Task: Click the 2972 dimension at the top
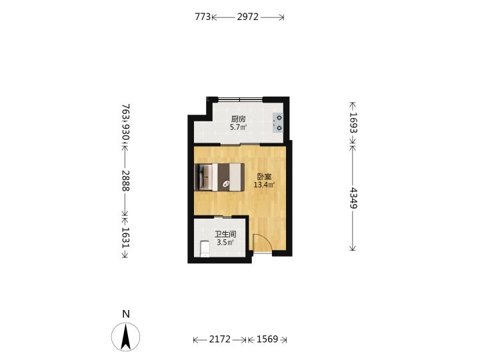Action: pos(247,17)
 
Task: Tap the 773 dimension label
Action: pos(203,17)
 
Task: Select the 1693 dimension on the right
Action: pos(353,123)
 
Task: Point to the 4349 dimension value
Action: pos(353,198)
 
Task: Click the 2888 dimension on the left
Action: pos(125,181)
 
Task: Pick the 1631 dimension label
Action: pos(125,237)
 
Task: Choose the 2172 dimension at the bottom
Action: pos(219,339)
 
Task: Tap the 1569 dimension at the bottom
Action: pos(267,339)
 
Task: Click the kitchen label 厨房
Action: pos(239,119)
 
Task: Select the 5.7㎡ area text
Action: pos(239,127)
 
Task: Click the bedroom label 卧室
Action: pos(264,177)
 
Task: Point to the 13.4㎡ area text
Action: pos(264,185)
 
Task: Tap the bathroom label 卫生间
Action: pos(225,235)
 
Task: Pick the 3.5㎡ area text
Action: pos(225,243)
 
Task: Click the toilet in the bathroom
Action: pos(205,249)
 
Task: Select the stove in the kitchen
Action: pos(278,123)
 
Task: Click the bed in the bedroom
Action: pos(219,177)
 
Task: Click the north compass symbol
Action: pos(125,337)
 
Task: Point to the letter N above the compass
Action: pos(126,314)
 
